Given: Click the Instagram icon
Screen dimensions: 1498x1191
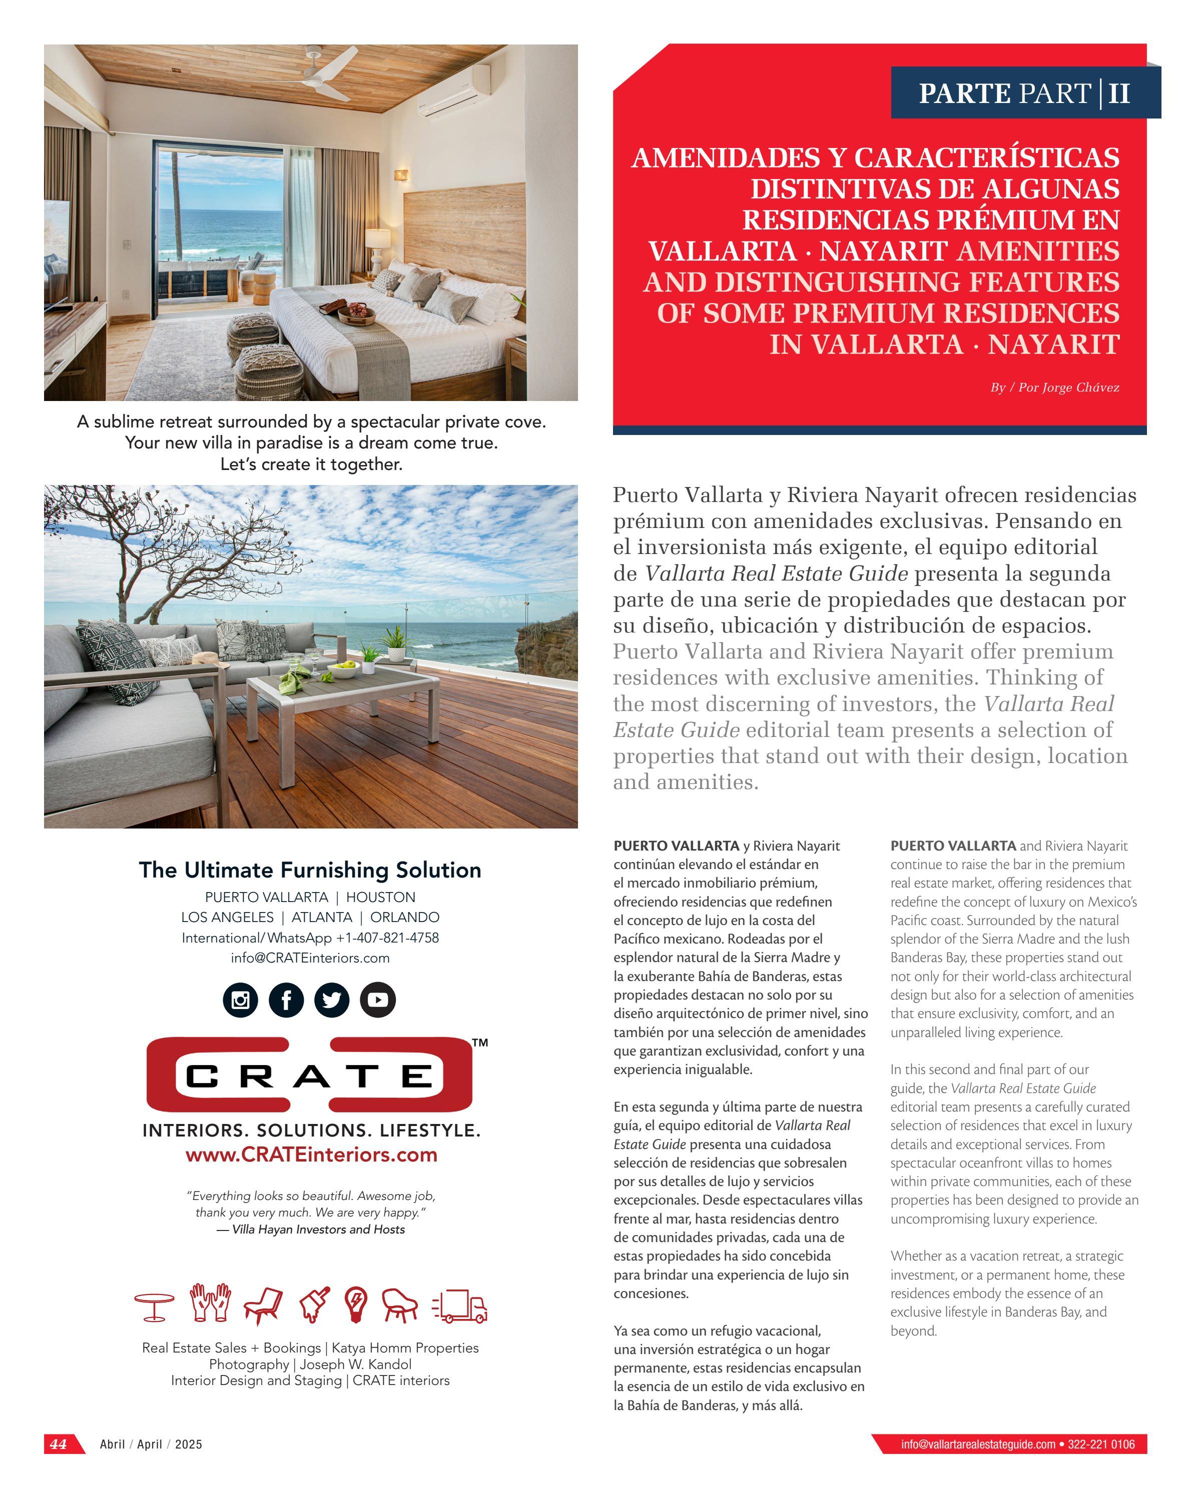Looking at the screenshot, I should [240, 1000].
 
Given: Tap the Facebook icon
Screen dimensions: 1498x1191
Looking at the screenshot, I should [286, 1000].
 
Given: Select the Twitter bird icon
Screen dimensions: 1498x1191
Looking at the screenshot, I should [332, 1000].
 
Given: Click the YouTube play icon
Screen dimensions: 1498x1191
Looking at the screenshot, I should [377, 1000].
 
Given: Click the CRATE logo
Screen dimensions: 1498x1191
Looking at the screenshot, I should [309, 1075].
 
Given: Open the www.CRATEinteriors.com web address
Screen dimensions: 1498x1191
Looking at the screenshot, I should [311, 1155].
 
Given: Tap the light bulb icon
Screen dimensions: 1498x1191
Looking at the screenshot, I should [356, 1305].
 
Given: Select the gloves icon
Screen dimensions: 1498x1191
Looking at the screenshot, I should [210, 1303].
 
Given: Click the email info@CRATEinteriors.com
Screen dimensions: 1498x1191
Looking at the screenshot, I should [310, 957].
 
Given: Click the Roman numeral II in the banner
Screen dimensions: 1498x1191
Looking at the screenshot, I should [1119, 93].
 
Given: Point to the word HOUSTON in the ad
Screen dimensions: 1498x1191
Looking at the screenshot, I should [380, 897].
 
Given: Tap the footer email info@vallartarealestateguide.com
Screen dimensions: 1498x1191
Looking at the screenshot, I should [977, 1444].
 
